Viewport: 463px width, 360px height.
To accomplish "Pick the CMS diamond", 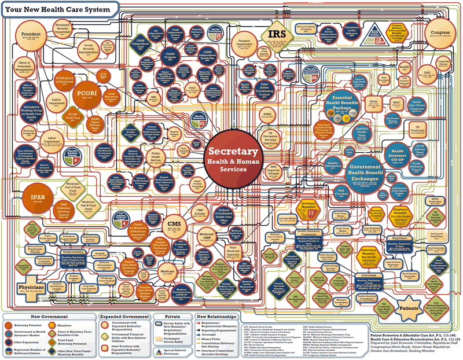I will click(174, 224).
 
